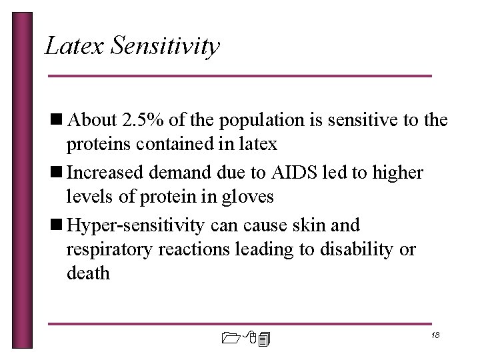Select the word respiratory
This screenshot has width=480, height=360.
109,251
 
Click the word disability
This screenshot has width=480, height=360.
361,250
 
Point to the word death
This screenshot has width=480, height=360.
88,273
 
